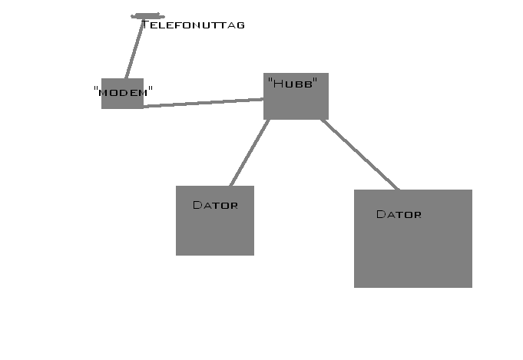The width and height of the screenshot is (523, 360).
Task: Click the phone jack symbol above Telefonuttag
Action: [x=147, y=16]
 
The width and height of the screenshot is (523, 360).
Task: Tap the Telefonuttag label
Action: [x=193, y=25]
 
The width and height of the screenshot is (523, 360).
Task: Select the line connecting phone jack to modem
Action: [x=134, y=49]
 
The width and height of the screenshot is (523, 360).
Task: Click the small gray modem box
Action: [x=122, y=94]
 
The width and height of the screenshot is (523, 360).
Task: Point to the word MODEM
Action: [x=123, y=93]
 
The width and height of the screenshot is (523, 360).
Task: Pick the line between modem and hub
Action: [x=204, y=103]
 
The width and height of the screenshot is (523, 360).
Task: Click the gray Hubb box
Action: [x=296, y=97]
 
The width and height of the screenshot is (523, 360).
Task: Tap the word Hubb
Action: [x=293, y=84]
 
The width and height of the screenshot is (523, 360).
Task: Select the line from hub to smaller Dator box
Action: [x=250, y=153]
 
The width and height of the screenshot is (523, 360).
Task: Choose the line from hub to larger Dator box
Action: [x=360, y=154]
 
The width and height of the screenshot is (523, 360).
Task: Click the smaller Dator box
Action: [x=215, y=220]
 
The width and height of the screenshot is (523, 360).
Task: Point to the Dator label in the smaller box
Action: [x=216, y=205]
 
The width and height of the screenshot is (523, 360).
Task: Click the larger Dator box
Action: [x=413, y=239]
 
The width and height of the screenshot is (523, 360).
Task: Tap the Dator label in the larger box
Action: [x=399, y=214]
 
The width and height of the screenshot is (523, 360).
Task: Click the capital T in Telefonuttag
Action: [x=145, y=25]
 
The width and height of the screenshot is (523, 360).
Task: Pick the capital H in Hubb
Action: [x=278, y=84]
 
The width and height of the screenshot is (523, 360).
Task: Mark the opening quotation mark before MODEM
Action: [x=96, y=88]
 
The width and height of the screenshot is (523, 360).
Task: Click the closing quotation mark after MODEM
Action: [x=151, y=88]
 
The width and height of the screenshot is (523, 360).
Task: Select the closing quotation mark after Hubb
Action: [x=315, y=80]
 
